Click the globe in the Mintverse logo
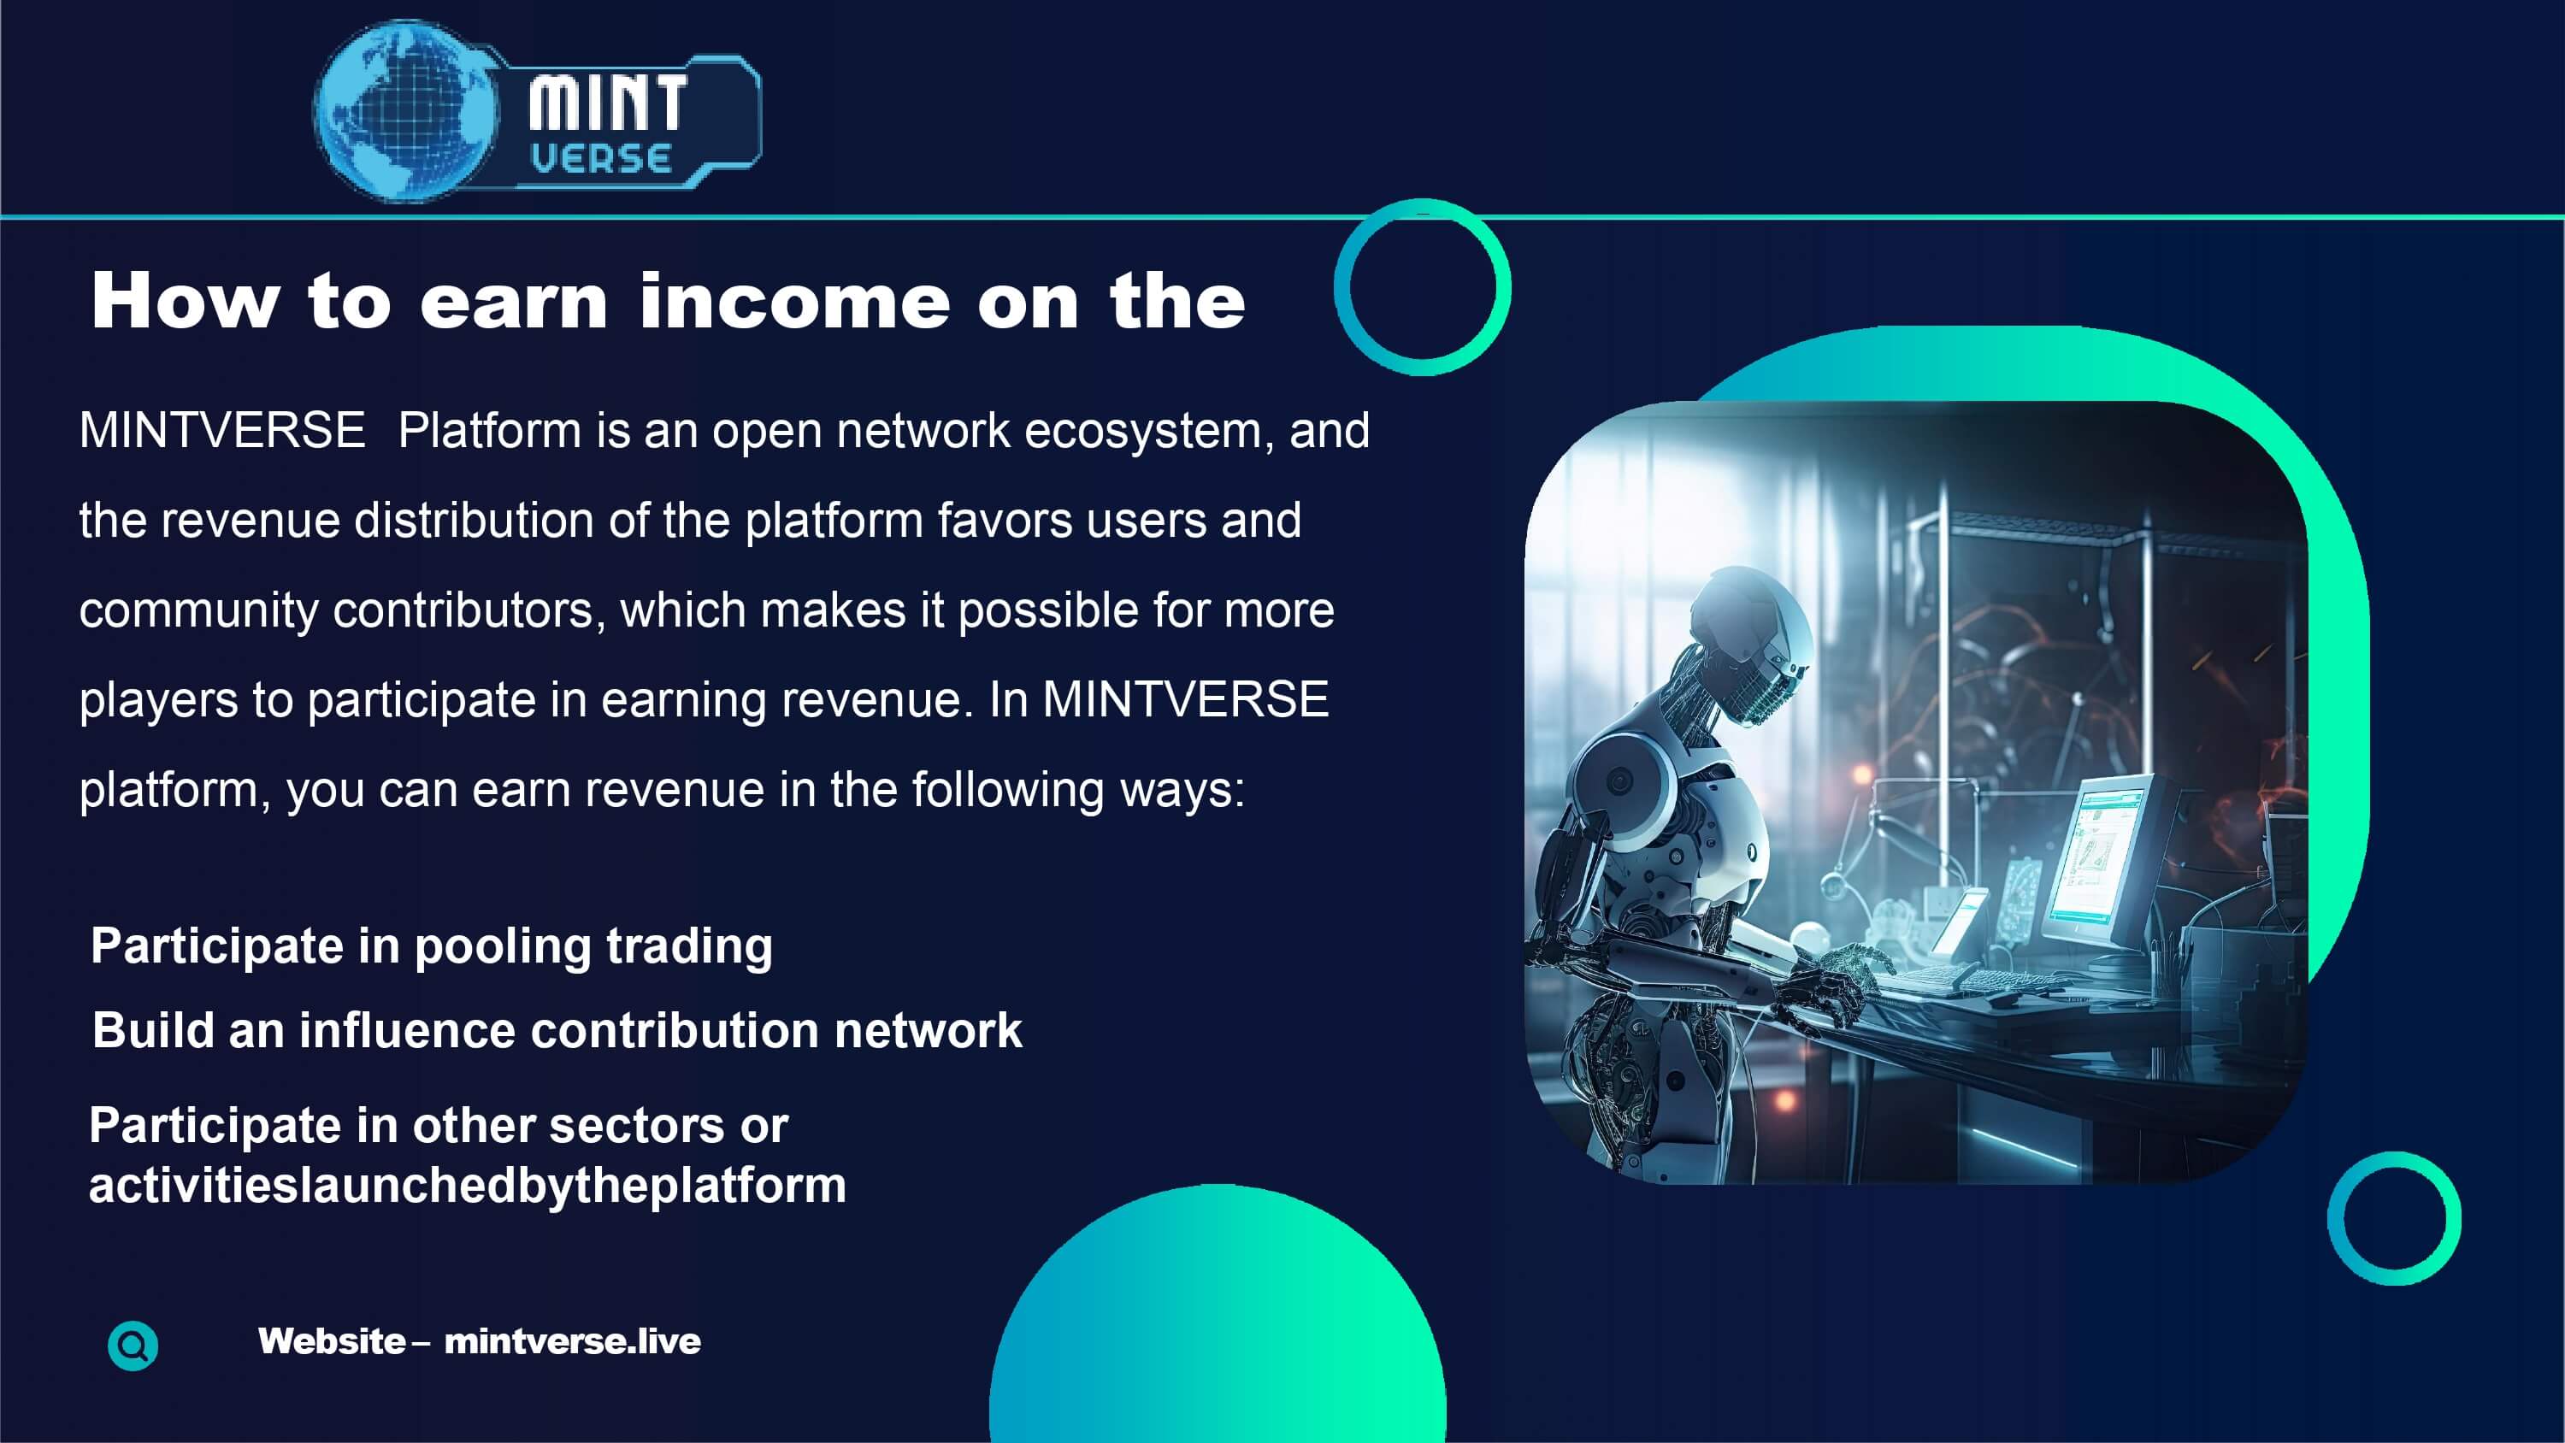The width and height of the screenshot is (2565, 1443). pos(405,109)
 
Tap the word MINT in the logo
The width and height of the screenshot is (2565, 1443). pos(607,103)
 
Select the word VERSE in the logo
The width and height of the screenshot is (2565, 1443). pos(600,158)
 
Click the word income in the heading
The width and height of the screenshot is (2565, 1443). pos(794,301)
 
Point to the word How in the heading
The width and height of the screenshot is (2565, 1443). pos(186,301)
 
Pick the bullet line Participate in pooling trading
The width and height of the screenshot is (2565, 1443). pos(431,946)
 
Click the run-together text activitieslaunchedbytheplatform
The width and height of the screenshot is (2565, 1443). pos(467,1186)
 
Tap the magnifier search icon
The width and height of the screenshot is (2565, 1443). pos(133,1346)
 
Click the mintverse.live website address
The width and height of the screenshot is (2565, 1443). pos(573,1341)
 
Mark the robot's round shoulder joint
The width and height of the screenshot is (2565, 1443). pos(1623,781)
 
